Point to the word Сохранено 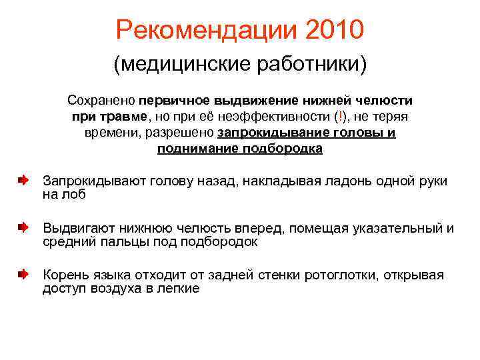(x=101, y=101)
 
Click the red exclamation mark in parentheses (x=341, y=117)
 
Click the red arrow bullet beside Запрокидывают (x=23, y=181)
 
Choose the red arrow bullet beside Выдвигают (x=23, y=228)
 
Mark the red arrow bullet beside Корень (x=23, y=275)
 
